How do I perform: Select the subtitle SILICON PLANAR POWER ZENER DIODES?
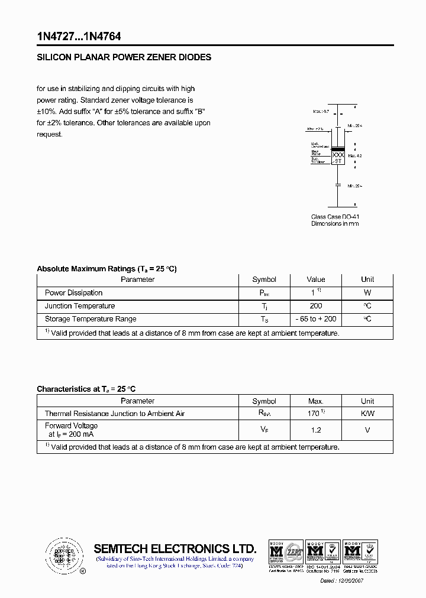pyautogui.click(x=124, y=58)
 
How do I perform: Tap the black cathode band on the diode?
pyautogui.click(x=337, y=148)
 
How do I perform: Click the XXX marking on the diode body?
pyautogui.click(x=337, y=154)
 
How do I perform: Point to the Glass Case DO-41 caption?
pyautogui.click(x=335, y=217)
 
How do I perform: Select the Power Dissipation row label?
pyautogui.click(x=73, y=293)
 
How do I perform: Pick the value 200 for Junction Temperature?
pyautogui.click(x=316, y=306)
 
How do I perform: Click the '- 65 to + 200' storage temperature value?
pyautogui.click(x=316, y=319)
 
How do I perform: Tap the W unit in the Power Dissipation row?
pyautogui.click(x=367, y=293)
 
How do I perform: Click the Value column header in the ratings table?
pyautogui.click(x=316, y=279)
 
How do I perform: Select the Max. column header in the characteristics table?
pyautogui.click(x=316, y=401)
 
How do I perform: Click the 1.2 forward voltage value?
pyautogui.click(x=316, y=430)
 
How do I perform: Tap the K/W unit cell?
pyautogui.click(x=367, y=414)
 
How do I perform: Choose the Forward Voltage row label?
pyautogui.click(x=71, y=425)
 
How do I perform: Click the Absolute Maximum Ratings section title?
pyautogui.click(x=106, y=269)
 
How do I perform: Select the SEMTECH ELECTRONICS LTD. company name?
pyautogui.click(x=175, y=548)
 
